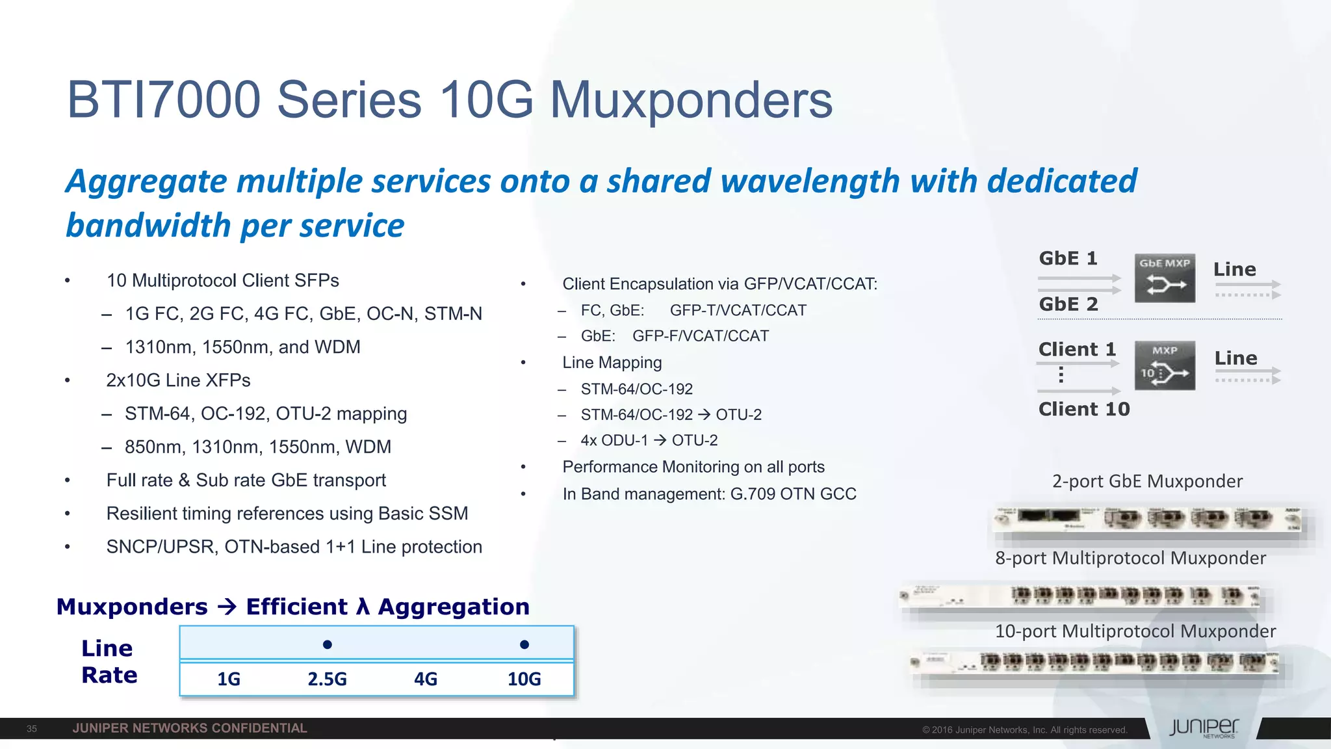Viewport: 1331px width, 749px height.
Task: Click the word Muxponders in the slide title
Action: (691, 100)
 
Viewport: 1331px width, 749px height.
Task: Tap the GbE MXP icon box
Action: (1165, 278)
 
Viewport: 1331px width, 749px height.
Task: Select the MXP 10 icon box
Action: (1165, 365)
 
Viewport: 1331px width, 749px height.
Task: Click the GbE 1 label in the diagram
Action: (1068, 258)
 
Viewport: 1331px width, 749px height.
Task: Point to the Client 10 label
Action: (1084, 409)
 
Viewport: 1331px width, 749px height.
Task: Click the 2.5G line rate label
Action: (327, 679)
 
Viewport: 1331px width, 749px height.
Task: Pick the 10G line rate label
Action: (524, 679)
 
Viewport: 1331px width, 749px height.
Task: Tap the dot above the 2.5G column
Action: (328, 644)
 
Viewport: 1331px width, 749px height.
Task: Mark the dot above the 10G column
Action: (524, 644)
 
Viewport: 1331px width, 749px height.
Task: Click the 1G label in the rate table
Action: (229, 679)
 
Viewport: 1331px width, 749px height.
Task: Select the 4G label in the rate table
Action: (426, 679)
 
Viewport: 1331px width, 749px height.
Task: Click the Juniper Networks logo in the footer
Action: (1204, 728)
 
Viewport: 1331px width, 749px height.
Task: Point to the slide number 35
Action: (32, 729)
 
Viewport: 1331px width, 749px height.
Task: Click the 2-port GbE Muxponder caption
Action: (1147, 481)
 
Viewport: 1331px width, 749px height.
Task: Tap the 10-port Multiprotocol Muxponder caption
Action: (1135, 631)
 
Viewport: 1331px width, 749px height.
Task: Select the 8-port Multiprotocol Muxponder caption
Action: (1130, 558)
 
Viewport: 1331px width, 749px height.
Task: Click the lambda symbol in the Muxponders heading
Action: (363, 607)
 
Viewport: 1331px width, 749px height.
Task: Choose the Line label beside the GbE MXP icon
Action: (1235, 269)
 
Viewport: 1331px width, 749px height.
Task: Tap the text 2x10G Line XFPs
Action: (178, 380)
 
